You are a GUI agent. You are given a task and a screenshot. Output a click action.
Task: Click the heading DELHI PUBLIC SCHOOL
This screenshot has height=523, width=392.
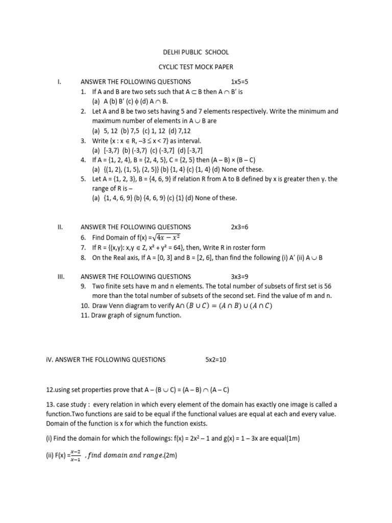tap(195, 52)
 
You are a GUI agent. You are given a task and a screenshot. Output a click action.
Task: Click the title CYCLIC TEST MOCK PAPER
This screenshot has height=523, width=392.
tap(195, 67)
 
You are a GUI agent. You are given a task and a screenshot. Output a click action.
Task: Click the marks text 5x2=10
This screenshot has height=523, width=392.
tap(215, 360)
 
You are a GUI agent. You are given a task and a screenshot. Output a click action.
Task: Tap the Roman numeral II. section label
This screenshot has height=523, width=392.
tap(60, 227)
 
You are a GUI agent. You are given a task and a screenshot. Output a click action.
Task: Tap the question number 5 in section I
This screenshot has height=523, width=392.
tap(83, 179)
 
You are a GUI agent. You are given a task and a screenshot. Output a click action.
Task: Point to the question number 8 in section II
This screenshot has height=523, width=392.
tap(83, 258)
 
